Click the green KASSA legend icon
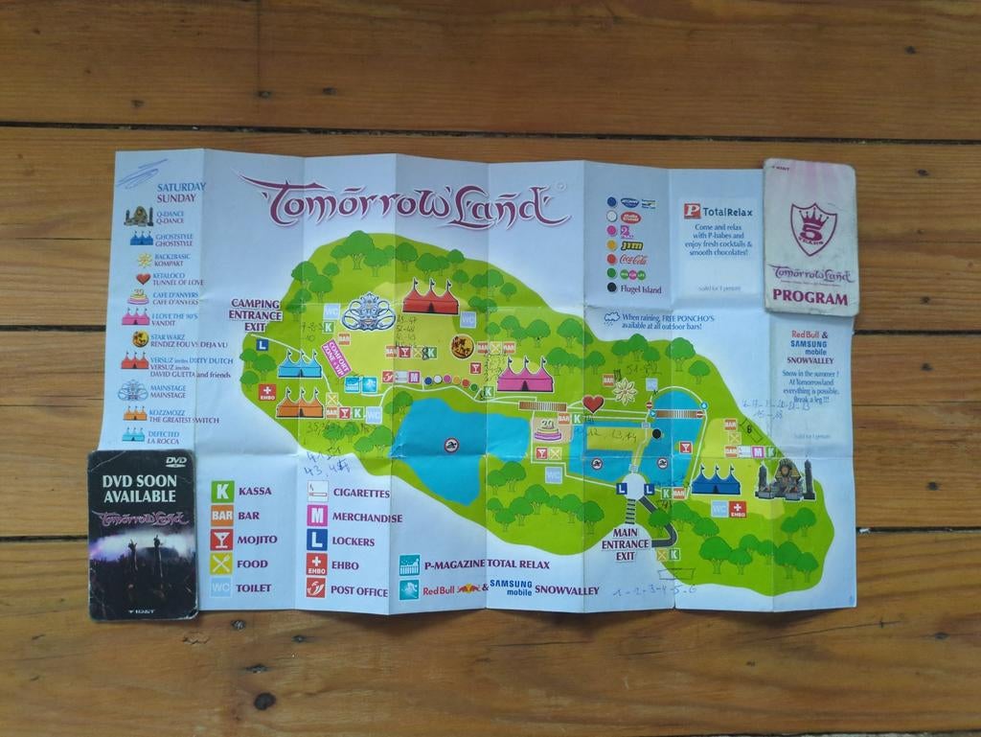222,491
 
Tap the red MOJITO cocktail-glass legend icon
221,539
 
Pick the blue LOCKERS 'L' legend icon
317,541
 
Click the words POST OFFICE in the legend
359,590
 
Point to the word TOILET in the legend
254,587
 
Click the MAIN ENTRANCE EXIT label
626,543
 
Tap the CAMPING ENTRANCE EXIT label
255,314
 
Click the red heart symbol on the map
593,403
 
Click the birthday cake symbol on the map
548,428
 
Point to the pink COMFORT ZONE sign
335,357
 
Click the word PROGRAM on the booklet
810,298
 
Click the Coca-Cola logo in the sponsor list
635,259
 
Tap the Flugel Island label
641,289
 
